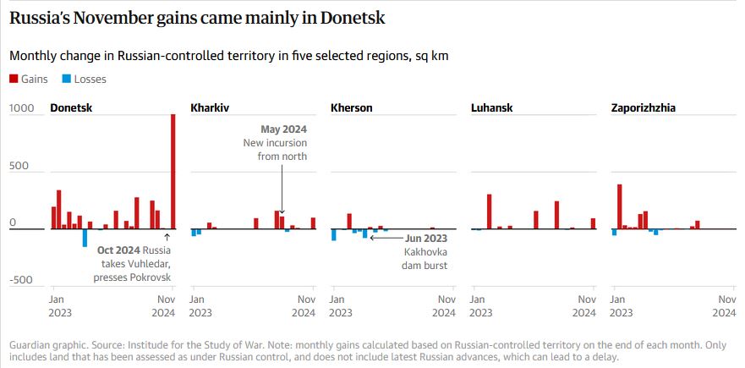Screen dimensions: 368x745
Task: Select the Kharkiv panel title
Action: (x=211, y=108)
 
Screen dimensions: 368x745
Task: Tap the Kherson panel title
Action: (x=351, y=108)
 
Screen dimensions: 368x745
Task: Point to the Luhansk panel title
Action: (x=491, y=108)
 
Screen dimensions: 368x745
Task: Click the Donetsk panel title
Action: (x=71, y=108)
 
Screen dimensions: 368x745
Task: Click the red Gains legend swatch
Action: (x=13, y=80)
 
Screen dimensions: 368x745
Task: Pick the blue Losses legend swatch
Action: (x=66, y=80)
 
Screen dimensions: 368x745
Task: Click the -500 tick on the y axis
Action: (x=21, y=281)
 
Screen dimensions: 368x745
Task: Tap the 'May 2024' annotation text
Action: (x=283, y=129)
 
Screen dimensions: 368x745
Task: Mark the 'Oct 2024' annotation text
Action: (x=118, y=250)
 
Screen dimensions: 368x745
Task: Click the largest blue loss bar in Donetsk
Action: (x=85, y=238)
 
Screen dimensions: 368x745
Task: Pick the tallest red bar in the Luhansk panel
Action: (x=489, y=211)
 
